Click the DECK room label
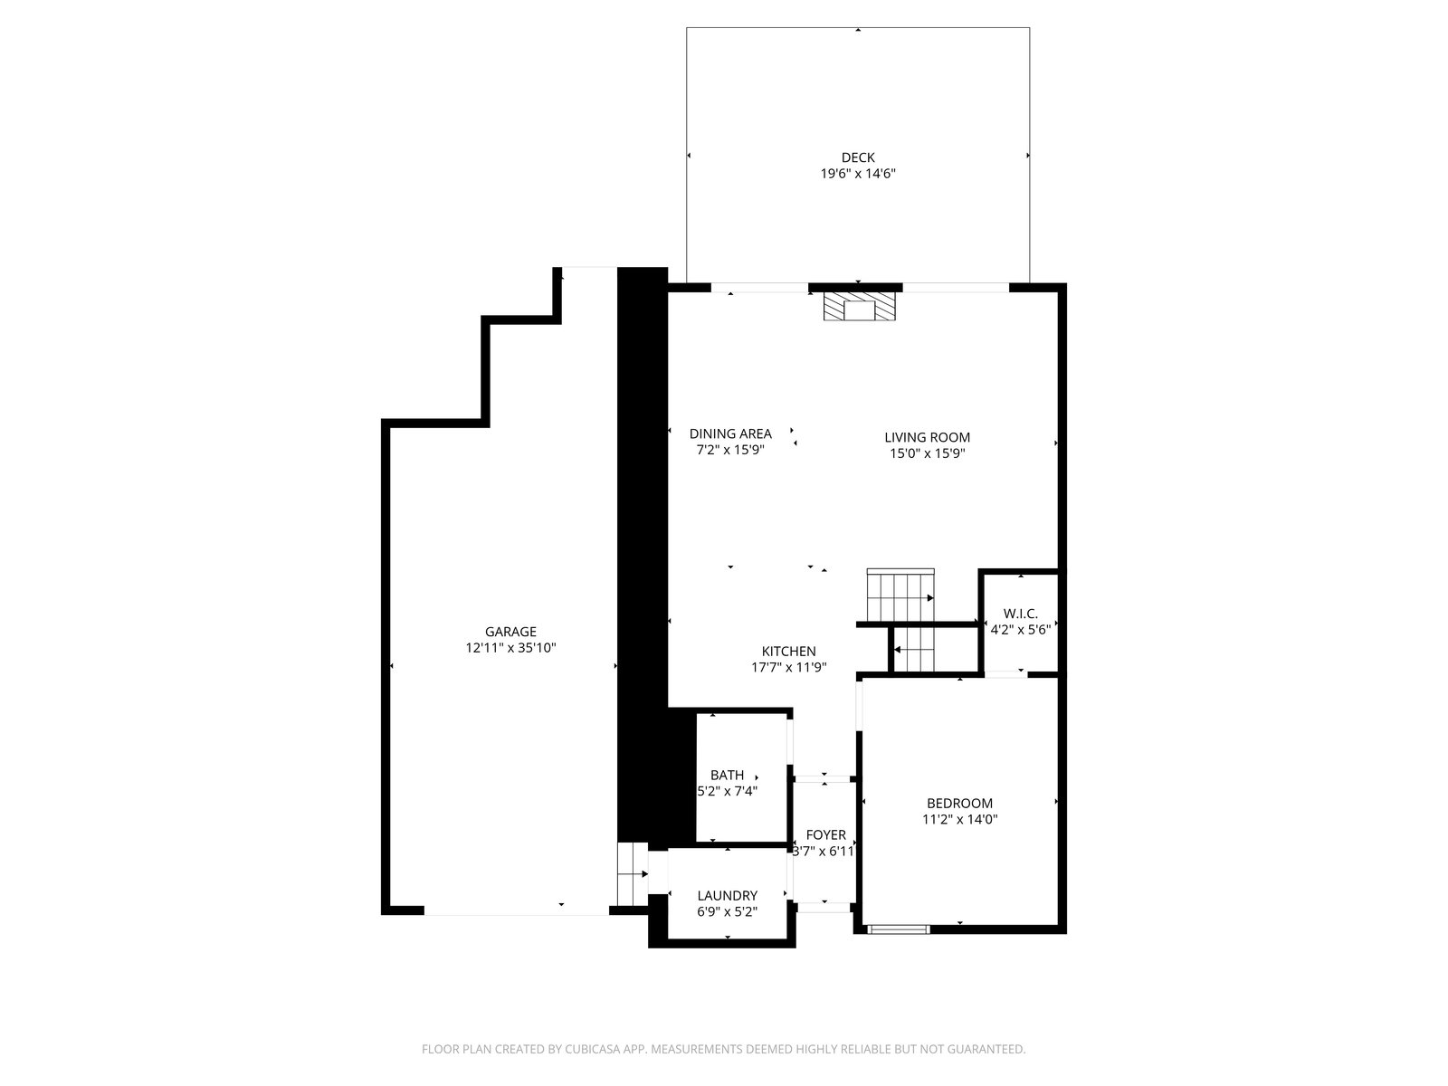tap(858, 157)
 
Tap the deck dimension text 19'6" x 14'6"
tap(858, 174)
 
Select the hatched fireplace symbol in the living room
tap(860, 307)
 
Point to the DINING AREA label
tap(730, 433)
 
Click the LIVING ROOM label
tap(927, 437)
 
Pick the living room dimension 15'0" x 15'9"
tap(927, 453)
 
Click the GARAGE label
tap(510, 632)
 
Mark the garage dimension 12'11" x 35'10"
tap(510, 648)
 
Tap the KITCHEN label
tap(788, 652)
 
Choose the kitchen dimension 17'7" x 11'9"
tap(788, 667)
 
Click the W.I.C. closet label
tap(1021, 614)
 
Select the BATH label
tap(727, 776)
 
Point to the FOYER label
tap(825, 835)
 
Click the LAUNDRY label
tap(727, 896)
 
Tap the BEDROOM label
tap(959, 804)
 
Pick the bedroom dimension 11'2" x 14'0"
tap(959, 820)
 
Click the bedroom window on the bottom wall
tap(898, 929)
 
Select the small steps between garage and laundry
tap(632, 873)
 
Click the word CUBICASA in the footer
tap(593, 1049)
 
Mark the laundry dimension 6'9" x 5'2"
tap(727, 912)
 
